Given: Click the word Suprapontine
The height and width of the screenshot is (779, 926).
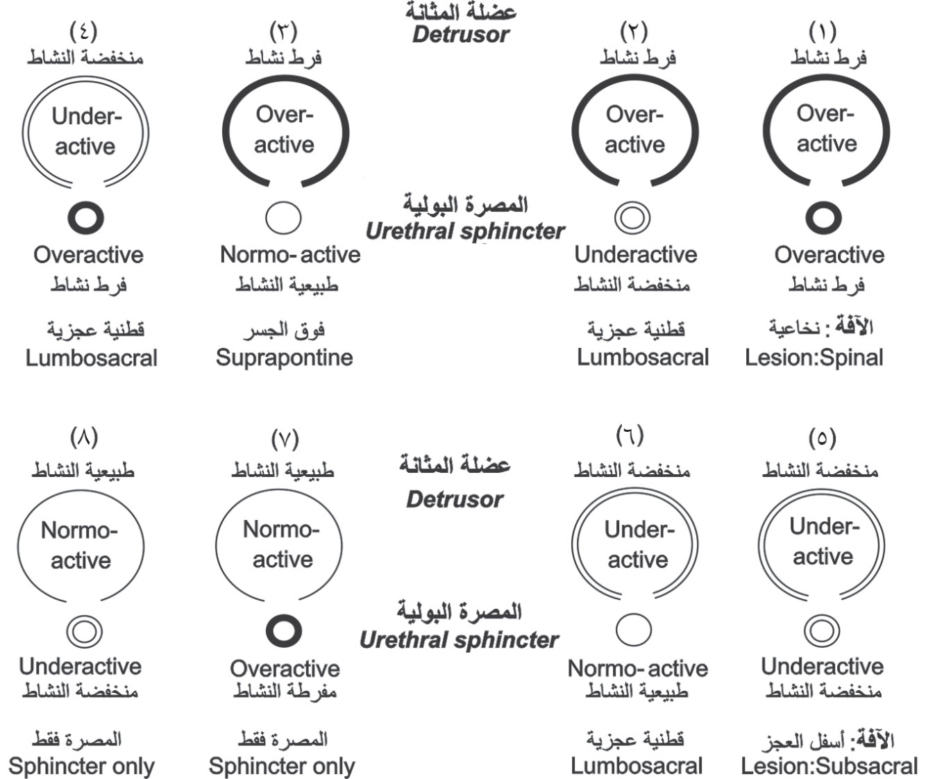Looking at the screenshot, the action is pos(285,358).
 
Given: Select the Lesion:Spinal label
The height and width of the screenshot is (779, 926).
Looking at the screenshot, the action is pos(814,358).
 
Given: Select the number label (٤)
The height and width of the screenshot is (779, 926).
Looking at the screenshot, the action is pos(84,32).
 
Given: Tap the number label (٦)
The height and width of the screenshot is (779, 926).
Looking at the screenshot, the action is pos(630,435).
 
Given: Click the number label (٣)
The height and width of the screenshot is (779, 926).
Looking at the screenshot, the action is pos(283,32).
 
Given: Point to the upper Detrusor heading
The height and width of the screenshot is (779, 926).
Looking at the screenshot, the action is pos(461,35).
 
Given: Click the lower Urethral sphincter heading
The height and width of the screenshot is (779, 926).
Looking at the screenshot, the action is pos(459,640).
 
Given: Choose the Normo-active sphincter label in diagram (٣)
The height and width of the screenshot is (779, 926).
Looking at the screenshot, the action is pos(290,255).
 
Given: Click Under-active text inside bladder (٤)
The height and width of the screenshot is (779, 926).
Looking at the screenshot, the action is pos(85,131).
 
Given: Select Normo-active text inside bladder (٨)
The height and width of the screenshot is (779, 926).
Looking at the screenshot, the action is pos(80,545).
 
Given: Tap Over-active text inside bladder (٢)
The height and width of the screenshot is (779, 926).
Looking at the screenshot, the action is pos(634,130).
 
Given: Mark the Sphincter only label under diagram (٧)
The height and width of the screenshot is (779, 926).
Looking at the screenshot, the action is pos(282,766).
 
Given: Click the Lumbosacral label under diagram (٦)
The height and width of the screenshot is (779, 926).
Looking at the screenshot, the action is pos(637,766).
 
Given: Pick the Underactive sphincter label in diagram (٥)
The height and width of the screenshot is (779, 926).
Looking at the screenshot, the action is pos(823,667).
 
